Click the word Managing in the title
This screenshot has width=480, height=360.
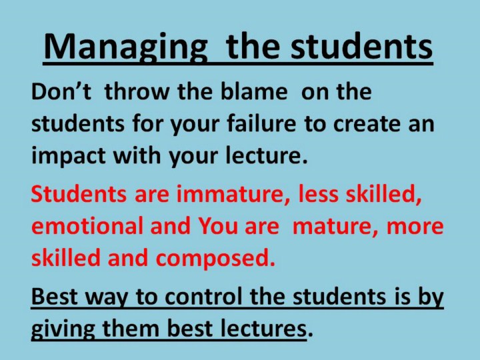click(126, 47)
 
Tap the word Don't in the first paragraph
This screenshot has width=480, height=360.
click(61, 91)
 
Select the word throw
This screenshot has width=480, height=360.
click(137, 91)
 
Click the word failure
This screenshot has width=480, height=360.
click(261, 123)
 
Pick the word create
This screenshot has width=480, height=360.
click(367, 124)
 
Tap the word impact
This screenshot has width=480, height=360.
click(69, 156)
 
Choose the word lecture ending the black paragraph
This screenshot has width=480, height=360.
click(266, 155)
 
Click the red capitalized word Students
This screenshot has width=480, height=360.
click(79, 194)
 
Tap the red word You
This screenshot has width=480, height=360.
click(218, 226)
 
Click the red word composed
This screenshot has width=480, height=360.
click(215, 259)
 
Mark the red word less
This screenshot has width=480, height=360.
click(319, 194)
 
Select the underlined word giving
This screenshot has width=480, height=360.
click(63, 329)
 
